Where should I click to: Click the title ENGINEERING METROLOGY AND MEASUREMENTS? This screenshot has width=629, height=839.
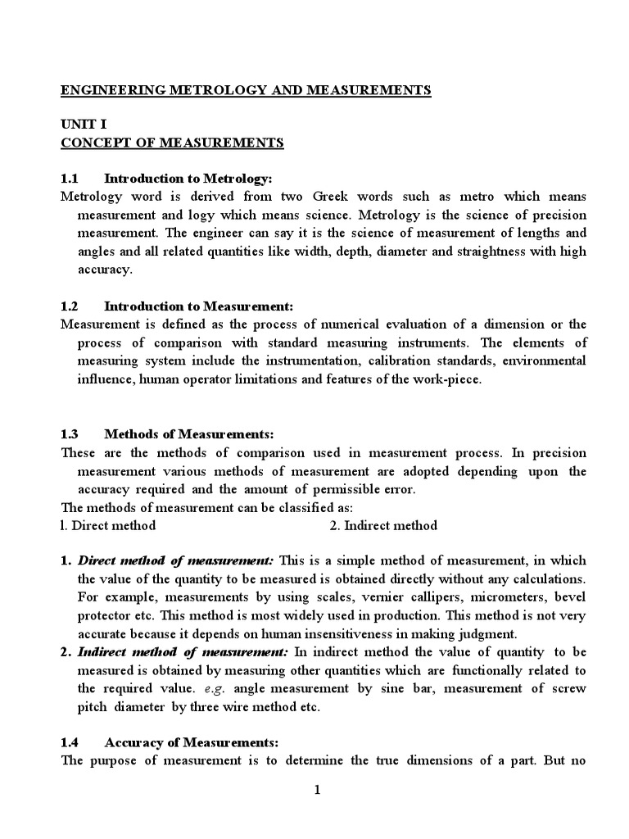246,90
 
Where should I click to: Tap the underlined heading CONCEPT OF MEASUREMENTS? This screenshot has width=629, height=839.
172,143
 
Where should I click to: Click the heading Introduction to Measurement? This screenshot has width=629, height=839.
198,306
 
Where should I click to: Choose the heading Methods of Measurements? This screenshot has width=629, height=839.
192,435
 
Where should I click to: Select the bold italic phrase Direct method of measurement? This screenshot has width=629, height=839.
176,561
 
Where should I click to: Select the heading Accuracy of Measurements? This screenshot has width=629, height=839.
192,741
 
